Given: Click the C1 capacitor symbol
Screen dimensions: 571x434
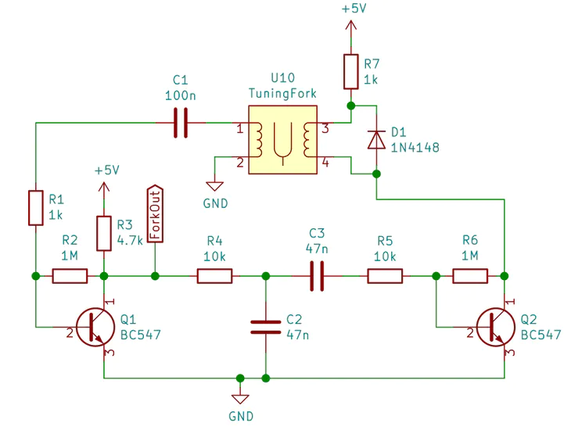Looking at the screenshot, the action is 181,123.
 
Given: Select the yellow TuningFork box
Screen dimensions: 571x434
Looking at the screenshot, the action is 282,140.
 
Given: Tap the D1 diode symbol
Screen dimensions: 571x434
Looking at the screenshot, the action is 376,140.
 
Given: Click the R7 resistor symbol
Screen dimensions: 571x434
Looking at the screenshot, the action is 351,72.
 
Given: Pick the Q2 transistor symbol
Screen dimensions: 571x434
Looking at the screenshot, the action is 495,327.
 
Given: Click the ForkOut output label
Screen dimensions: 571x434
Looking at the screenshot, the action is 155,213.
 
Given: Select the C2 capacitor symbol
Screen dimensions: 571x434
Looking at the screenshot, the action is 266,327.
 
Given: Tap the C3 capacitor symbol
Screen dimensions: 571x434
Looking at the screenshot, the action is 317,276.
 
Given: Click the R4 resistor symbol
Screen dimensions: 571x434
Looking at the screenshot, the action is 214,276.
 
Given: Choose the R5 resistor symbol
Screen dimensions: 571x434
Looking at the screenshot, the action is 385,276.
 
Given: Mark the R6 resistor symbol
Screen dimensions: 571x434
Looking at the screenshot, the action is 470,276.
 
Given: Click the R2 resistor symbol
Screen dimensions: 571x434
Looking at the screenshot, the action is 70,276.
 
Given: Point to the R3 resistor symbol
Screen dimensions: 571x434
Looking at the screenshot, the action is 104,233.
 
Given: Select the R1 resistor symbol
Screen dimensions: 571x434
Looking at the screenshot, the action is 36,208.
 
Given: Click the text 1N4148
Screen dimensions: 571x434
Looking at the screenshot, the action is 415,148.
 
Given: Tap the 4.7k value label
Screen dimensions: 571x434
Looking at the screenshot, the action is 130,240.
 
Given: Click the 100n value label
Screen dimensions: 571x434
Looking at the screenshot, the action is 181,95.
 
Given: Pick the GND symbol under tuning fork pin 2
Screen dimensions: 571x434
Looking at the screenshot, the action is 215,186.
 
